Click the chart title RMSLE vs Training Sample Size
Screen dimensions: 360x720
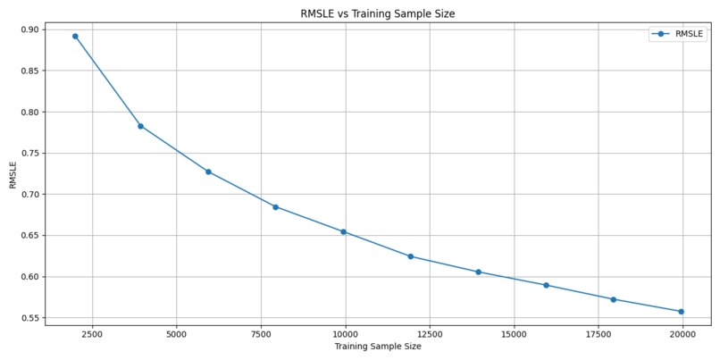[377, 13]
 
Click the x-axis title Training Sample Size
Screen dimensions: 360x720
[377, 347]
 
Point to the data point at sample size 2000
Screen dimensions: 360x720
[75, 37]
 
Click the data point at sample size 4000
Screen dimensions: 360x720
[140, 126]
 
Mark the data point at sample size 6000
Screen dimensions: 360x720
[208, 172]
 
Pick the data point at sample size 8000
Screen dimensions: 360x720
[275, 207]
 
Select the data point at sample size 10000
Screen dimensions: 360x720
[343, 232]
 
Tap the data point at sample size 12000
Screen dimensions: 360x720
[410, 256]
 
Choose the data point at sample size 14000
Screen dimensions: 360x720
[478, 272]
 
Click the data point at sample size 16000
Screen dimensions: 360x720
[546, 285]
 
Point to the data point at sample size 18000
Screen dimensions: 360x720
[613, 299]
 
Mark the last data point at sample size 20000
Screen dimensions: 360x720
[681, 312]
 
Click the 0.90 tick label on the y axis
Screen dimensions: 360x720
[29, 29]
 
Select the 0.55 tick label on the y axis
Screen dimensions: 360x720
[29, 318]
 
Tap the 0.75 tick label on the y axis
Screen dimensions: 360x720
[29, 154]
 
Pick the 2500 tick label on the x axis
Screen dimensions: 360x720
[92, 334]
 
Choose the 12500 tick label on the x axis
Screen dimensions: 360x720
[429, 334]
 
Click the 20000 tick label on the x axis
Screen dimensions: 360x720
[682, 334]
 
